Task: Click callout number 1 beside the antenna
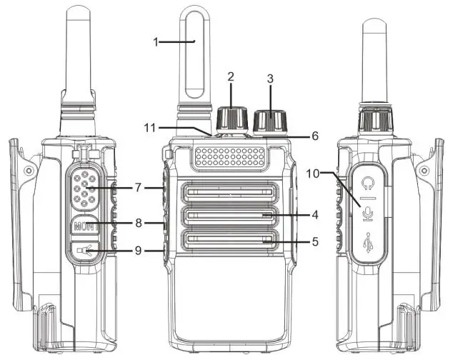coord(156,41)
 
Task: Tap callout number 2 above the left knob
coord(231,76)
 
